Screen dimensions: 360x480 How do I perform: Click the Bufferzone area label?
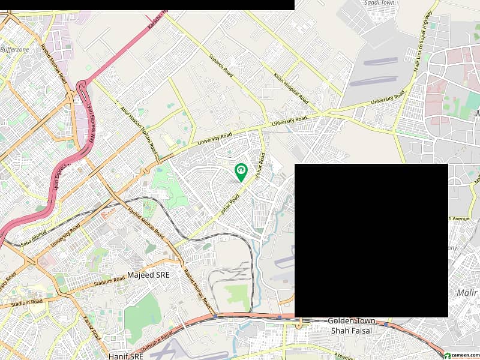(14, 50)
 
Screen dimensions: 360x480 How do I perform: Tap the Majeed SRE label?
(148, 275)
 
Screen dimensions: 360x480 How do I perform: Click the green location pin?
(241, 173)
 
